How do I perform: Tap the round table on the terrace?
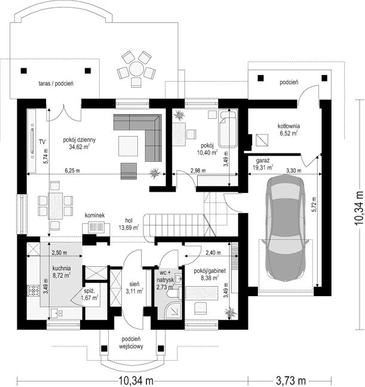(x=136, y=68)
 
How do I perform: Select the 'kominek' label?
(x=94, y=216)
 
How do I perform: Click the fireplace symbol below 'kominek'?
(x=96, y=226)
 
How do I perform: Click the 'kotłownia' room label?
(x=289, y=126)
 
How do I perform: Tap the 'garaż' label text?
(x=262, y=161)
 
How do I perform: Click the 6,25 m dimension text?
(x=72, y=170)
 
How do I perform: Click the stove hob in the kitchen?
(x=33, y=290)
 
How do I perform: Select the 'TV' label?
(x=42, y=142)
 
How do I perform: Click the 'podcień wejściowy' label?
(x=131, y=343)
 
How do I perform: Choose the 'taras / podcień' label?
(x=56, y=84)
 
